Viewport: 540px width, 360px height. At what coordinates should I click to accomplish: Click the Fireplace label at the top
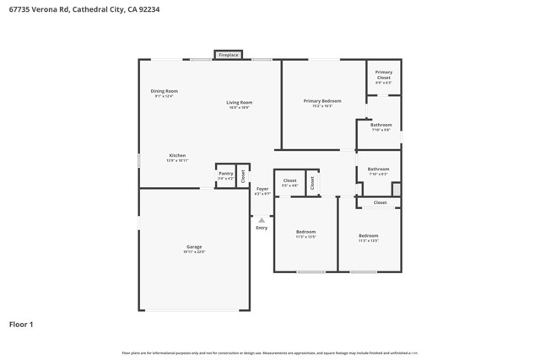(228, 55)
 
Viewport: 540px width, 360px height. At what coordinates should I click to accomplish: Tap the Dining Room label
(164, 91)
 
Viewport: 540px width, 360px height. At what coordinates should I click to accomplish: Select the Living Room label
(239, 103)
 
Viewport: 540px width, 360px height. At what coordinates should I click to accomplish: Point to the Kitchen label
(177, 155)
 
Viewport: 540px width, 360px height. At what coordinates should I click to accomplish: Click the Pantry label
(225, 174)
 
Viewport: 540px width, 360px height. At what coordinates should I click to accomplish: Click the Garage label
(194, 246)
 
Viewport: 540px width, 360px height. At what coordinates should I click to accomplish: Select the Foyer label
(262, 189)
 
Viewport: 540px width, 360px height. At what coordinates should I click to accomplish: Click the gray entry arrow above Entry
(262, 220)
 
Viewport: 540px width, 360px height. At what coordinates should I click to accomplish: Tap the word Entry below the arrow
(262, 228)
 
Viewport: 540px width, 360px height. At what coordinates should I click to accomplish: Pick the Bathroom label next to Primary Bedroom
(381, 125)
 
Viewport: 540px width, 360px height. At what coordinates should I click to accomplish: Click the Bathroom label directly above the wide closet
(378, 169)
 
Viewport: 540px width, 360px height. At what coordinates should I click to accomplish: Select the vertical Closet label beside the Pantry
(243, 176)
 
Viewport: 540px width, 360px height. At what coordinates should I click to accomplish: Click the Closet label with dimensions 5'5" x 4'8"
(289, 180)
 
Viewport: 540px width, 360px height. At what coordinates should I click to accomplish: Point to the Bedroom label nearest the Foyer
(305, 232)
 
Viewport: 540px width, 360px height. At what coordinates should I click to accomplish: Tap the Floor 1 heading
(21, 324)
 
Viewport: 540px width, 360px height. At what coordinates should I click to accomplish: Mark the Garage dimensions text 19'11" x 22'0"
(194, 251)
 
